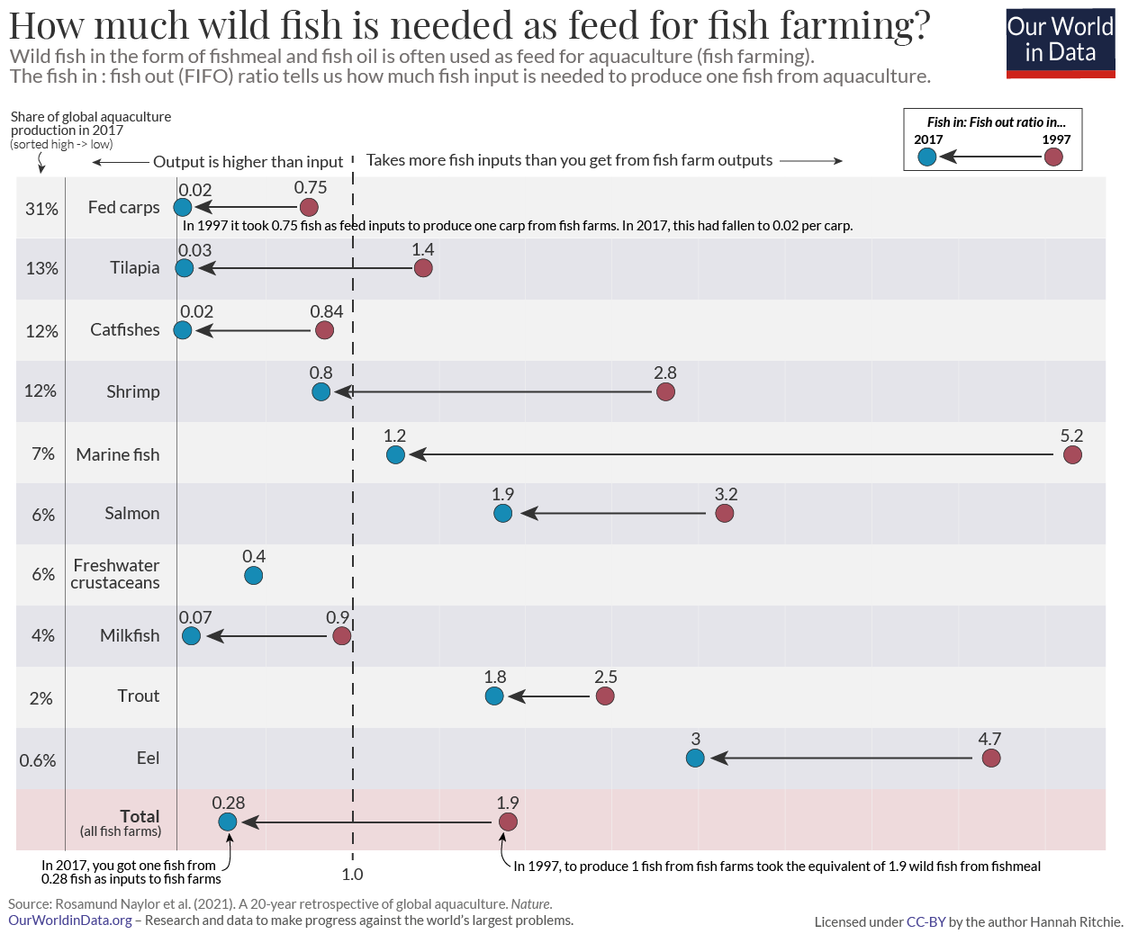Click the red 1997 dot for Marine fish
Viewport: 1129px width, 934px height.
click(1071, 454)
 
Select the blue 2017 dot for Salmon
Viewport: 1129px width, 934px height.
click(503, 513)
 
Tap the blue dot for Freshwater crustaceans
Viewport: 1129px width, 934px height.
click(254, 575)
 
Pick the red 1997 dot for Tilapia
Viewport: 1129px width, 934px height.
click(423, 268)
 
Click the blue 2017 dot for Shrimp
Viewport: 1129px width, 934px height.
click(321, 391)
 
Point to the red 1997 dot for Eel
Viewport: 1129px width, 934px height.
click(990, 758)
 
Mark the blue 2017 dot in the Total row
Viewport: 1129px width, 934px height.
click(228, 822)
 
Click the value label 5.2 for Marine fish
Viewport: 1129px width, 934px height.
click(1071, 436)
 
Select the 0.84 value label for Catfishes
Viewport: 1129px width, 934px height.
click(326, 311)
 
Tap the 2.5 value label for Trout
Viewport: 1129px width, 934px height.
click(606, 677)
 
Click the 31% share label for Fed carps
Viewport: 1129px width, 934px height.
click(41, 209)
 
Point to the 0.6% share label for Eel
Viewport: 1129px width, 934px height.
click(38, 760)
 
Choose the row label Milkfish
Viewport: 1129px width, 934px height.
click(130, 635)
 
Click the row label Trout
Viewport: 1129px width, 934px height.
click(138, 696)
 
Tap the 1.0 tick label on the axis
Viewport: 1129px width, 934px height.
click(352, 874)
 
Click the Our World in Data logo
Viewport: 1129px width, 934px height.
click(1060, 42)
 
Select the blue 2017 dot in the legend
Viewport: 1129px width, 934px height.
click(927, 157)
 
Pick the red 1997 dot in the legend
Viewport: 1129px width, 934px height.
click(1053, 157)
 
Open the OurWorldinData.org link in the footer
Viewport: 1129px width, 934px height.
click(70, 920)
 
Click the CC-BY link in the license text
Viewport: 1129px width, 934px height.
click(926, 921)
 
